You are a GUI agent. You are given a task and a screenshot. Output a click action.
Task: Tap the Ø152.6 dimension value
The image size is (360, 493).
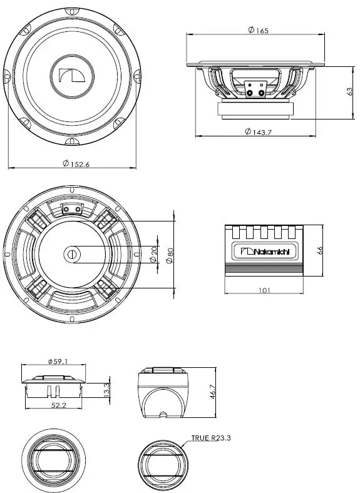pyautogui.click(x=76, y=163)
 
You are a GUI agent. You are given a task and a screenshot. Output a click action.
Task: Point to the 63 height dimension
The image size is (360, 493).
pyautogui.click(x=349, y=91)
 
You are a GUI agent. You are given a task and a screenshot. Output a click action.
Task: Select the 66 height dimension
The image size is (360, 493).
pyautogui.click(x=319, y=250)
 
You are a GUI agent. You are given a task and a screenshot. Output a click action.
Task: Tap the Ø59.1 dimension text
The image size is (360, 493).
pyautogui.click(x=58, y=361)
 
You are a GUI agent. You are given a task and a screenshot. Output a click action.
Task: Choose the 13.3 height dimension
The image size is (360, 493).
pyautogui.click(x=106, y=390)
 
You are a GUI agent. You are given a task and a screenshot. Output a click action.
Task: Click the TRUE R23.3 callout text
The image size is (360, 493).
pyautogui.click(x=211, y=439)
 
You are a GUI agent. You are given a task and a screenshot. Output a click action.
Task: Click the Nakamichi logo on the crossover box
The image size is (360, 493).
pyautogui.click(x=264, y=252)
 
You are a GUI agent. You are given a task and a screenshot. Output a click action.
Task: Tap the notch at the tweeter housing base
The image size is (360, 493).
pyautogui.click(x=163, y=414)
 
